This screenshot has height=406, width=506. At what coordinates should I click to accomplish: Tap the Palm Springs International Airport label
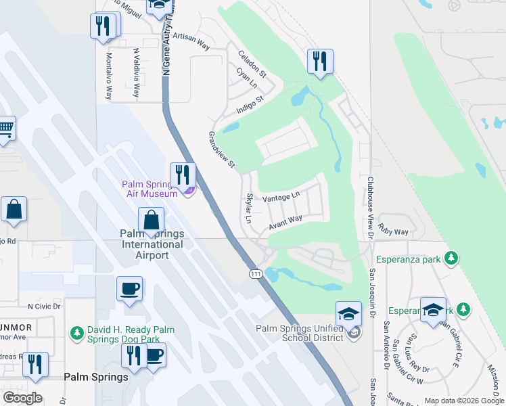click(152, 244)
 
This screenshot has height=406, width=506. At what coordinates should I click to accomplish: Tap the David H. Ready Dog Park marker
click(78, 334)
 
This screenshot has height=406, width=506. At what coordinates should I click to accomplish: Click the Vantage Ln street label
click(281, 197)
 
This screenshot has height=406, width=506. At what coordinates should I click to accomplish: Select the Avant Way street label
click(285, 221)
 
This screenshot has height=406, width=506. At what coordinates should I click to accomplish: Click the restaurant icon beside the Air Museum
click(182, 175)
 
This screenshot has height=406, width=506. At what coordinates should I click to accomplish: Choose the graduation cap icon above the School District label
click(348, 313)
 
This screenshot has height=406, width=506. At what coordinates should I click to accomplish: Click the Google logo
click(22, 398)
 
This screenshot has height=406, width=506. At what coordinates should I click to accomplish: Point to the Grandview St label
click(221, 150)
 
